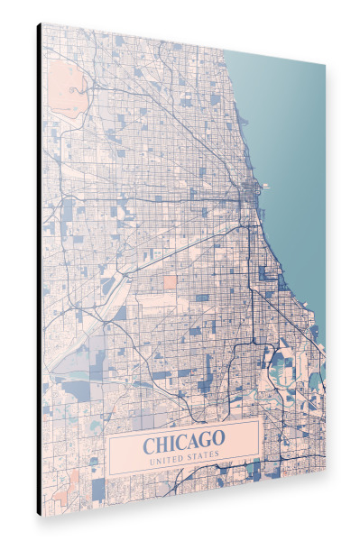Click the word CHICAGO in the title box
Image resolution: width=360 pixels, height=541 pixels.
[183, 443]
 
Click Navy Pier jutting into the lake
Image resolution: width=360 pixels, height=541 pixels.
[264, 187]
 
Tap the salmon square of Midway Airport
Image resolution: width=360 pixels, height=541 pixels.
[170, 282]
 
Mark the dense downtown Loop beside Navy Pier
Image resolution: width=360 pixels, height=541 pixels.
[248, 194]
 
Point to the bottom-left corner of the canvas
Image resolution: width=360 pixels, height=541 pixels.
[42, 513]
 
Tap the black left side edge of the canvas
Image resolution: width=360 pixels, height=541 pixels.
[39, 270]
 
